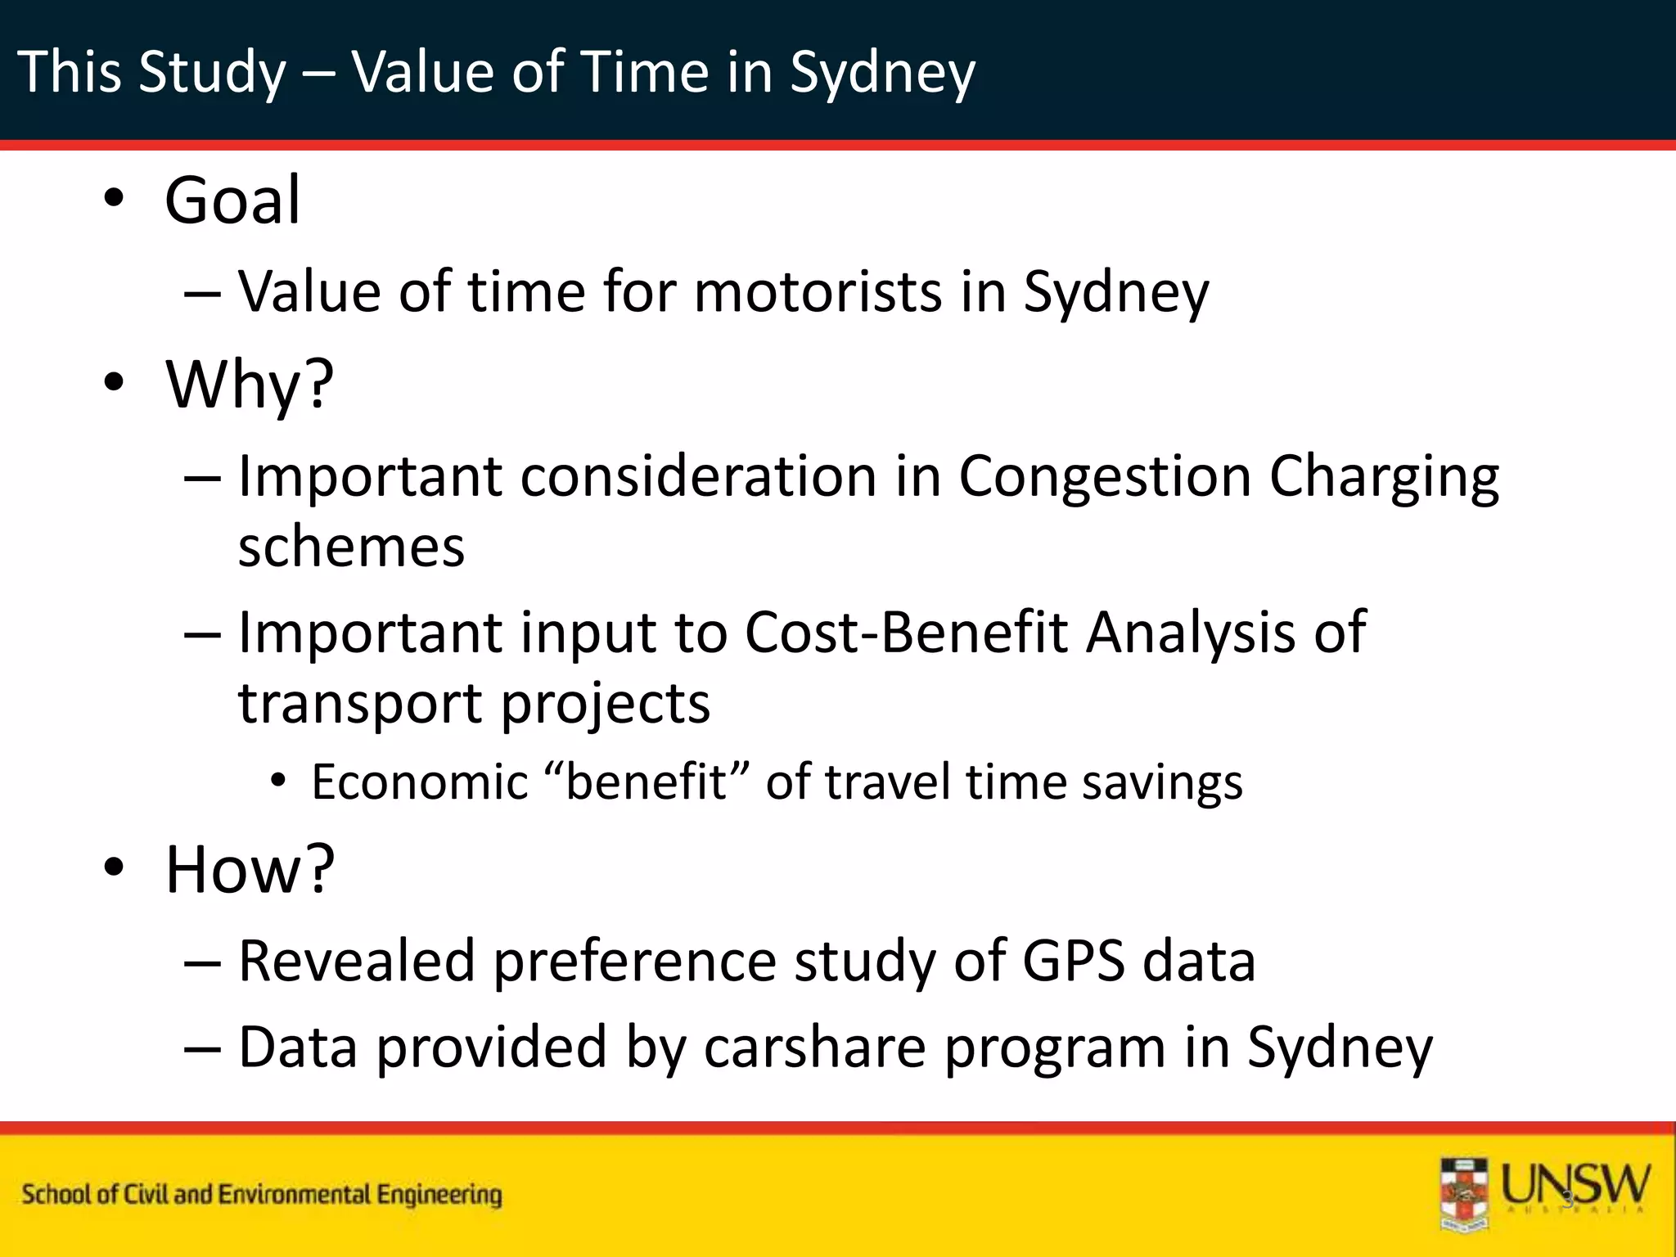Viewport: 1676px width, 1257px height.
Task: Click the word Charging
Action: coord(1384,478)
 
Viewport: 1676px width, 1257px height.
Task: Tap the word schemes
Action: coord(351,547)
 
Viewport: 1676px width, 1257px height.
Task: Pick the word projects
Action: coord(605,705)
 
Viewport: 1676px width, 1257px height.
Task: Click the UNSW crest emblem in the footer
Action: coord(1465,1194)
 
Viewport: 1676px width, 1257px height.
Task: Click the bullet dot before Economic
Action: coord(279,782)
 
